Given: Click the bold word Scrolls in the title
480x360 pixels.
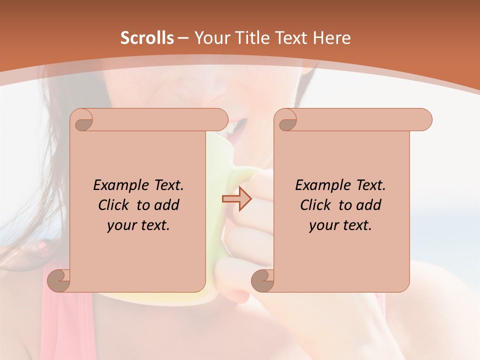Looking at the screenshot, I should [147, 38].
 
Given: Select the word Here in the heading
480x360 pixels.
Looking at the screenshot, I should [332, 38].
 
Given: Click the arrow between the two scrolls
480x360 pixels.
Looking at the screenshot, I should [237, 199].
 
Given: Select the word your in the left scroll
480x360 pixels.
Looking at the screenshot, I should [120, 225].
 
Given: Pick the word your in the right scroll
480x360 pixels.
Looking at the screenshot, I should [322, 225].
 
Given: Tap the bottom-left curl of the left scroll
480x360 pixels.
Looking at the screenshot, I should [59, 280].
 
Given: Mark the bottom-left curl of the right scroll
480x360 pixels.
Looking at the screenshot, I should [263, 280].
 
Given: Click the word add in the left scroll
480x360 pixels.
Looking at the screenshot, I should [167, 205].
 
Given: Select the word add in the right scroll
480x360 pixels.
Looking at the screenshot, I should [369, 205].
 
